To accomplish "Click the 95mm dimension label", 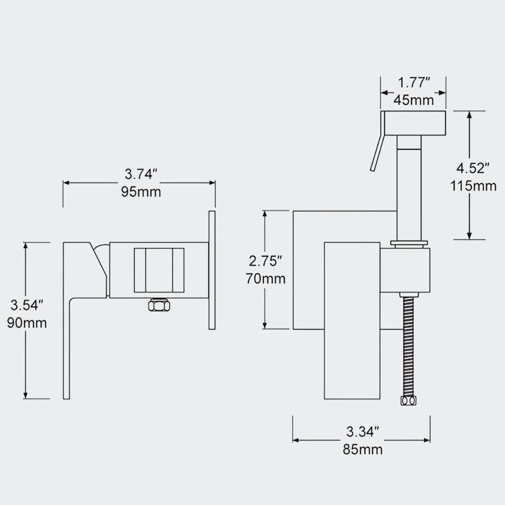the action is click(x=141, y=192).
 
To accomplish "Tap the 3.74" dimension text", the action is click(x=141, y=174).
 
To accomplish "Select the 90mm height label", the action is click(x=27, y=323).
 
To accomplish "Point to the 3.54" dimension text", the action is click(x=27, y=305).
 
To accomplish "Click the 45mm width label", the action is click(x=413, y=100).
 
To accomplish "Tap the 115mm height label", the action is click(x=473, y=186).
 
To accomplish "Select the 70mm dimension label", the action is click(x=266, y=279).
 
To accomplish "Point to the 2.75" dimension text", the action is click(x=266, y=261).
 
